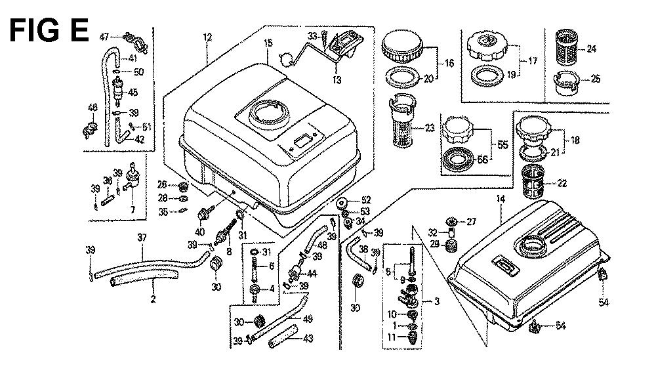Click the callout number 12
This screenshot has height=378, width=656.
click(207, 38)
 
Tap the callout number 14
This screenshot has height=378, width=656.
click(501, 198)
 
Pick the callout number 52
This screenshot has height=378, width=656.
click(366, 199)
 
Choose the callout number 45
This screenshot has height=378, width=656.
click(133, 92)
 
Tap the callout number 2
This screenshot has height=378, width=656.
click(152, 300)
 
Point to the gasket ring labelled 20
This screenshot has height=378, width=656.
click(402, 77)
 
